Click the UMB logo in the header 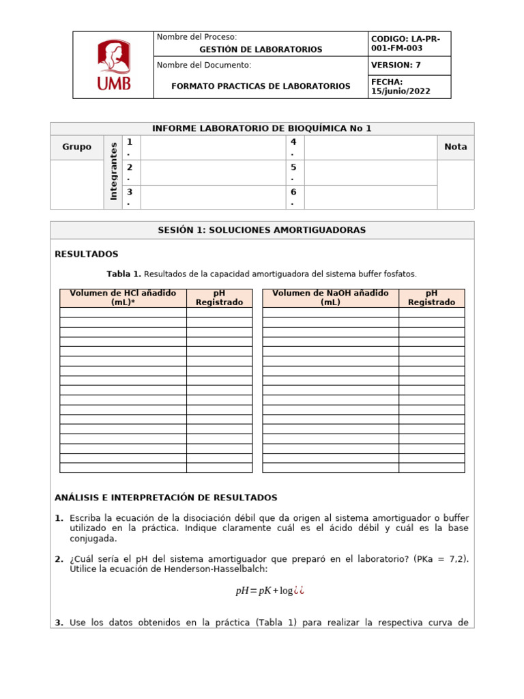coord(113,66)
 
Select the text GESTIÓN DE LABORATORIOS coord(261,50)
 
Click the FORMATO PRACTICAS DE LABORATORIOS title coord(261,86)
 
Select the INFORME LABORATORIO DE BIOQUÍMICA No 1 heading coord(261,128)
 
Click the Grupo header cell coord(76,147)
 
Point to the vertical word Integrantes coord(113,171)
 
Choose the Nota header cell coord(455,147)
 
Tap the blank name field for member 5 coord(369,172)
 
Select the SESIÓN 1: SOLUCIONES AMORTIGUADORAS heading coord(261,230)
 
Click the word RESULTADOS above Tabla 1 coord(86,254)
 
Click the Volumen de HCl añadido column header coord(123,298)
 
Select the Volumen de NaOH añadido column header coord(330,298)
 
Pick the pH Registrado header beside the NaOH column coord(431,298)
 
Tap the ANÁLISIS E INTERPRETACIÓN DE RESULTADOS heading coord(166,498)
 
